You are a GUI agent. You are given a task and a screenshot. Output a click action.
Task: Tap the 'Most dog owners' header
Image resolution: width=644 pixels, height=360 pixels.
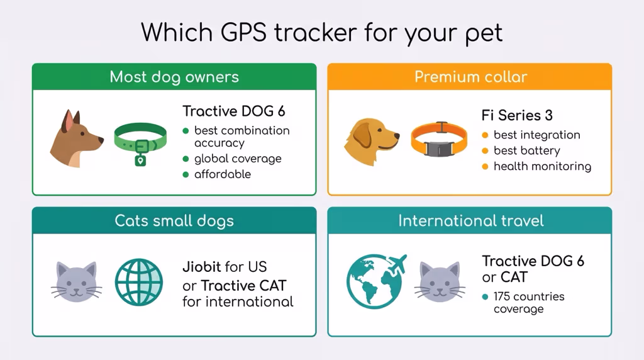(174, 77)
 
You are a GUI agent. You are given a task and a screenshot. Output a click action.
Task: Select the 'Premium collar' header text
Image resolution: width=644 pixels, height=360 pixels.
(470, 77)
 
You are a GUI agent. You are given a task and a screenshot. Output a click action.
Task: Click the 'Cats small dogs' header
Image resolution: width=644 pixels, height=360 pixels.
(174, 221)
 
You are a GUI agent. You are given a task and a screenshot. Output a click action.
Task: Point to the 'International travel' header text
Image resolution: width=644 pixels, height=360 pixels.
(470, 221)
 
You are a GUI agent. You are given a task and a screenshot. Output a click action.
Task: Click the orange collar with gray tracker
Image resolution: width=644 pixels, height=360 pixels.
(439, 140)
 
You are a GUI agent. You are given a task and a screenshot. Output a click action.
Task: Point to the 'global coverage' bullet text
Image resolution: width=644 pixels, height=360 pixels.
(238, 159)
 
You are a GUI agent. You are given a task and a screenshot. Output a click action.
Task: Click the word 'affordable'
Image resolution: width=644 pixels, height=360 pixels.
(223, 174)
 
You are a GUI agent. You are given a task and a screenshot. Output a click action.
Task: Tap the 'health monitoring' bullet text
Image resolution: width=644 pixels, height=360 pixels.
(542, 167)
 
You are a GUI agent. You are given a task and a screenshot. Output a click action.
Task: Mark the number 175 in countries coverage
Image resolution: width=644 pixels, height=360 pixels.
(504, 296)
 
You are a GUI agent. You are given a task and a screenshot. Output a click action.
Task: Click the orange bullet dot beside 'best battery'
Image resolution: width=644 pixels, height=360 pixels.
(484, 151)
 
